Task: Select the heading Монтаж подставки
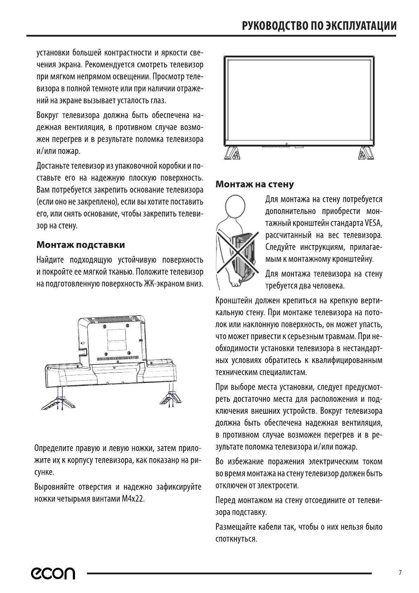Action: pyautogui.click(x=81, y=244)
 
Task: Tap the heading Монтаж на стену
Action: pyautogui.click(x=255, y=184)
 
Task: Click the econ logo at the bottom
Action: pyautogui.click(x=53, y=573)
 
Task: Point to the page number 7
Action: pyautogui.click(x=400, y=573)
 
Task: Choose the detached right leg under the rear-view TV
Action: pyautogui.click(x=171, y=399)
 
